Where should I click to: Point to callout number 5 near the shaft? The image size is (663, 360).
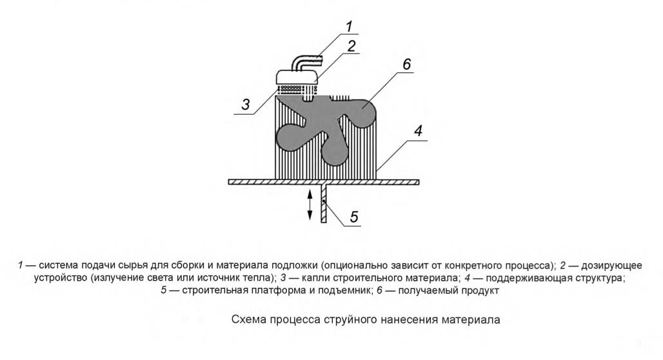click(354, 217)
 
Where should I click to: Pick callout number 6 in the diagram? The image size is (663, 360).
click(406, 65)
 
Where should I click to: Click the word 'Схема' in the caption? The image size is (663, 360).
click(248, 319)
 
